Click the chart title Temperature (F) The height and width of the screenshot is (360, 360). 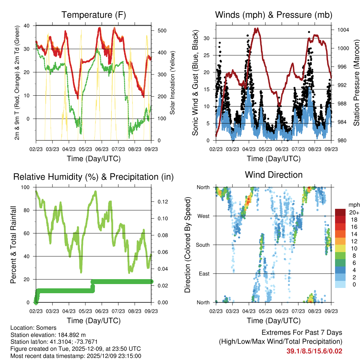point(94,15)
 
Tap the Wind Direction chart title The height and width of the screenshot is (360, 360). point(274,175)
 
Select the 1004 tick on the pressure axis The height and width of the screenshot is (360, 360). point(342,30)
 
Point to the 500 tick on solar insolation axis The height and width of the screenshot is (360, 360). point(161,31)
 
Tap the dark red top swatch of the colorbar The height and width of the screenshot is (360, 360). point(340,212)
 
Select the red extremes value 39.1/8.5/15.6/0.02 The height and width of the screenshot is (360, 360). point(315,351)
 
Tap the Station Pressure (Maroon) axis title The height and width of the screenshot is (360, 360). point(356,83)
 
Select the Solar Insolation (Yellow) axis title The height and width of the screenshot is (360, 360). point(173,83)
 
